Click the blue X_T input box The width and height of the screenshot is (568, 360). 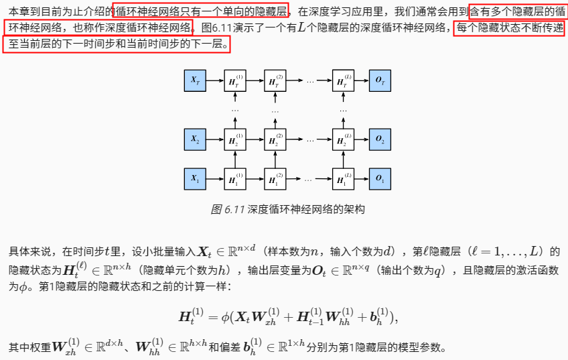(194, 80)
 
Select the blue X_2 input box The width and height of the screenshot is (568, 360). (194, 139)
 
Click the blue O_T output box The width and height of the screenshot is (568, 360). (380, 80)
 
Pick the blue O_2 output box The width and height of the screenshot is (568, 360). (380, 139)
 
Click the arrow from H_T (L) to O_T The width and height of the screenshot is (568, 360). (362, 80)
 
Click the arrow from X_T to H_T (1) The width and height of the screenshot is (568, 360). (214, 80)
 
